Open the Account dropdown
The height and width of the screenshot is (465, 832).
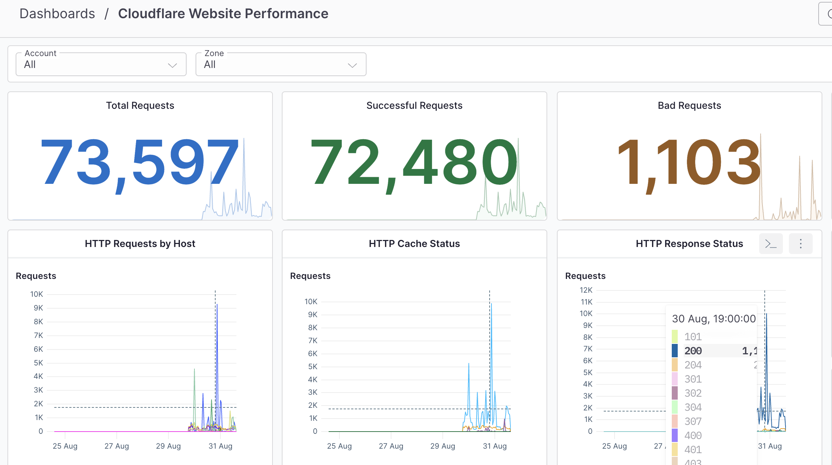pos(101,65)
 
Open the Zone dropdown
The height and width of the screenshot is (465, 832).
pos(281,65)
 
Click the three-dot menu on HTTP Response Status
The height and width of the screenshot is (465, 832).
pos(800,244)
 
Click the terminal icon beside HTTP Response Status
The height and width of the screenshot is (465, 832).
pos(771,244)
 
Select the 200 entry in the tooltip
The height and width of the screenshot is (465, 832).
pos(693,351)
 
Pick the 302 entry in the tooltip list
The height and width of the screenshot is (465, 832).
pos(693,393)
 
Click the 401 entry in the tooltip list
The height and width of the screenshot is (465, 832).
pos(693,449)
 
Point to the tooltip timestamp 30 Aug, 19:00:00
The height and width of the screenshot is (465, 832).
pos(714,319)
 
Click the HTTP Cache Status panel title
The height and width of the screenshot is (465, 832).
pos(414,244)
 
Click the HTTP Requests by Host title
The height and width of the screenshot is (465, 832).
pos(140,244)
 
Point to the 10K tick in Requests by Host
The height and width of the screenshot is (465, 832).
pos(36,294)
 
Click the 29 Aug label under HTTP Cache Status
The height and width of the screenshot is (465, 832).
pos(442,446)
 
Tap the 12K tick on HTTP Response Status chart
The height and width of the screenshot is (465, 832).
pos(586,290)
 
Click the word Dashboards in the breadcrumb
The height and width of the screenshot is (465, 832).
pos(57,14)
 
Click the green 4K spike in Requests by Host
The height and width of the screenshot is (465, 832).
pos(194,371)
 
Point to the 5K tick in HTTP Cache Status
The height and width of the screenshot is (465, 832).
pos(312,367)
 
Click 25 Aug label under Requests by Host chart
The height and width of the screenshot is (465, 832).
pos(65,446)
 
